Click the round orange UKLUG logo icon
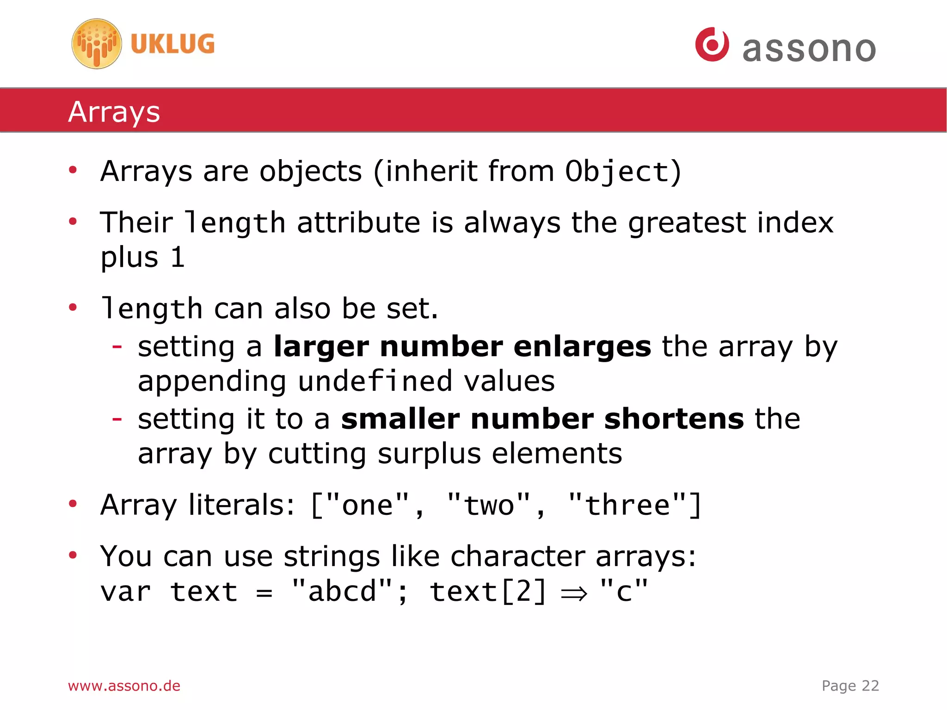(x=97, y=44)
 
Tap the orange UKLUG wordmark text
(x=172, y=44)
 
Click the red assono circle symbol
(x=712, y=44)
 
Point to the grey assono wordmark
(x=809, y=49)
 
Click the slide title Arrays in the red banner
(x=114, y=112)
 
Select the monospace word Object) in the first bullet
(x=623, y=172)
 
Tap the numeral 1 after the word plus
(x=178, y=258)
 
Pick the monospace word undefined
(x=375, y=381)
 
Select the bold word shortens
(x=674, y=419)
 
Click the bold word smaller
(x=400, y=419)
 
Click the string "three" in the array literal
(x=628, y=505)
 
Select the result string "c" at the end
(x=624, y=591)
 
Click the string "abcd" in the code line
(x=343, y=591)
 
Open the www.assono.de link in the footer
(x=124, y=685)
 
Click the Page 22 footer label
(x=850, y=685)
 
